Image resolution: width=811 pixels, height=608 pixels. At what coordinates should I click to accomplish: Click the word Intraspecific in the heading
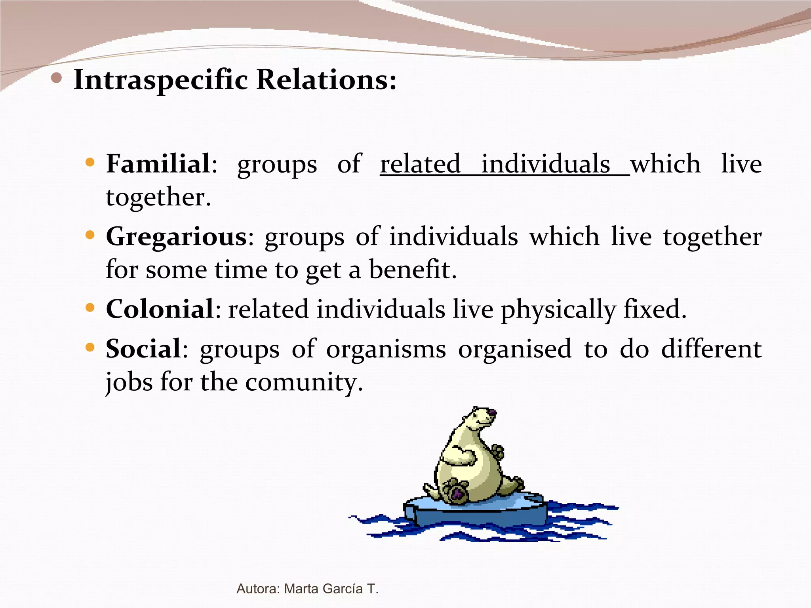pos(160,80)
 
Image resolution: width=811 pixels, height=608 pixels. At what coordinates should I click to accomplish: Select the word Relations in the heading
pos(326,80)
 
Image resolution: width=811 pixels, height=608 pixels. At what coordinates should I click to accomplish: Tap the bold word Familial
pos(158,163)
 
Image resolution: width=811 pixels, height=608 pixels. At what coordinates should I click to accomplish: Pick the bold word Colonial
pos(160,309)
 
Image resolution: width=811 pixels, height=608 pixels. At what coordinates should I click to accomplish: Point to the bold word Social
pos(143,349)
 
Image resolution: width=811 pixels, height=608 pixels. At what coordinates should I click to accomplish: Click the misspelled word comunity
pos(303,382)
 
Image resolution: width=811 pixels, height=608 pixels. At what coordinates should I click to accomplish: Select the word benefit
pos(413,270)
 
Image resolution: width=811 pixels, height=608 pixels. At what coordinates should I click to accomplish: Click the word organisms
pos(386,349)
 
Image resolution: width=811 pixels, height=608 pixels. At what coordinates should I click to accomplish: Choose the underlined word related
pos(420,164)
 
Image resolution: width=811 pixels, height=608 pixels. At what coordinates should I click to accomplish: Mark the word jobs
pos(129,382)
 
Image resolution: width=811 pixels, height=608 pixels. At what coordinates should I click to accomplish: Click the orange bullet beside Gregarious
pos(90,236)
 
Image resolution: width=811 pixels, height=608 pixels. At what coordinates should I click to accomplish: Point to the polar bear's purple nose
pos(492,413)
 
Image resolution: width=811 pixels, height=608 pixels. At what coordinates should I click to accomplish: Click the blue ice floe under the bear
pos(475,513)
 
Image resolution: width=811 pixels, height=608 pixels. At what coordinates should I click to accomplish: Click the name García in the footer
pos(343,589)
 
